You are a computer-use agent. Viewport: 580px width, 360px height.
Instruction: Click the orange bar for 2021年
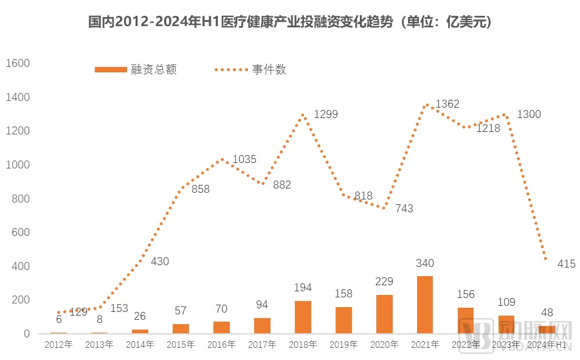(x=424, y=305)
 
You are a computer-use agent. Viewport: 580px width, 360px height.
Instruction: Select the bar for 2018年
(x=303, y=317)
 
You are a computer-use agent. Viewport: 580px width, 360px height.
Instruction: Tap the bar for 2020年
(x=384, y=314)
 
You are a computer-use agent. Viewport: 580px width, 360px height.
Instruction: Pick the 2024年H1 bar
(x=547, y=330)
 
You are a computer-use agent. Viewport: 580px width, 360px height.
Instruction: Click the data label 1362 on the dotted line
(x=447, y=104)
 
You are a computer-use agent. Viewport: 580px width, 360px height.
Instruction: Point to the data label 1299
(x=325, y=114)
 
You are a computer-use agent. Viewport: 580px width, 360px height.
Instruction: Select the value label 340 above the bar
(x=424, y=263)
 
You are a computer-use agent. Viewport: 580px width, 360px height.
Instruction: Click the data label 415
(x=566, y=264)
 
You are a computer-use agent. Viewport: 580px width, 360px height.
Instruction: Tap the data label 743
(x=404, y=209)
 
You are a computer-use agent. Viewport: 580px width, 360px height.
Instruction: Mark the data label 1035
(x=244, y=159)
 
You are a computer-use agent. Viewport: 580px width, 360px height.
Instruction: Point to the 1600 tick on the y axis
(x=18, y=63)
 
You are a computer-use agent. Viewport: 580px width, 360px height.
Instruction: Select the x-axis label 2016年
(x=221, y=345)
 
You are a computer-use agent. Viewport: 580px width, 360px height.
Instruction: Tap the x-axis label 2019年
(x=344, y=345)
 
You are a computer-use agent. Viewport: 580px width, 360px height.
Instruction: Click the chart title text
(x=290, y=22)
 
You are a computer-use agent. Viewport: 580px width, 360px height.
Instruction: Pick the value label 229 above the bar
(x=384, y=282)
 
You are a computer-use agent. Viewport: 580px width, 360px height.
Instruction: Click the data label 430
(x=159, y=261)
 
